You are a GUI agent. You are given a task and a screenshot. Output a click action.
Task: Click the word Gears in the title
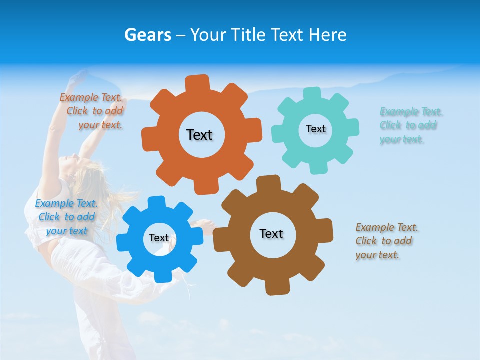147,35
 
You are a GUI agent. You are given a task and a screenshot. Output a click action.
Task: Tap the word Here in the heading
327,35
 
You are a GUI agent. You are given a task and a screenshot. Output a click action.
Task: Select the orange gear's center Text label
199,135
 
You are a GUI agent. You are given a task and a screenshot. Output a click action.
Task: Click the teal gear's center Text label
315,129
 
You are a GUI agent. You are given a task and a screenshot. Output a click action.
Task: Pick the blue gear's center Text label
159,238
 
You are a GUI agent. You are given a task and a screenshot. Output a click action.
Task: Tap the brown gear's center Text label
271,233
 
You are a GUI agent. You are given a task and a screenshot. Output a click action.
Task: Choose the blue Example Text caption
66,217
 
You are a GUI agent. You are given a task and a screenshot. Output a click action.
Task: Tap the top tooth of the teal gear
312,94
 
